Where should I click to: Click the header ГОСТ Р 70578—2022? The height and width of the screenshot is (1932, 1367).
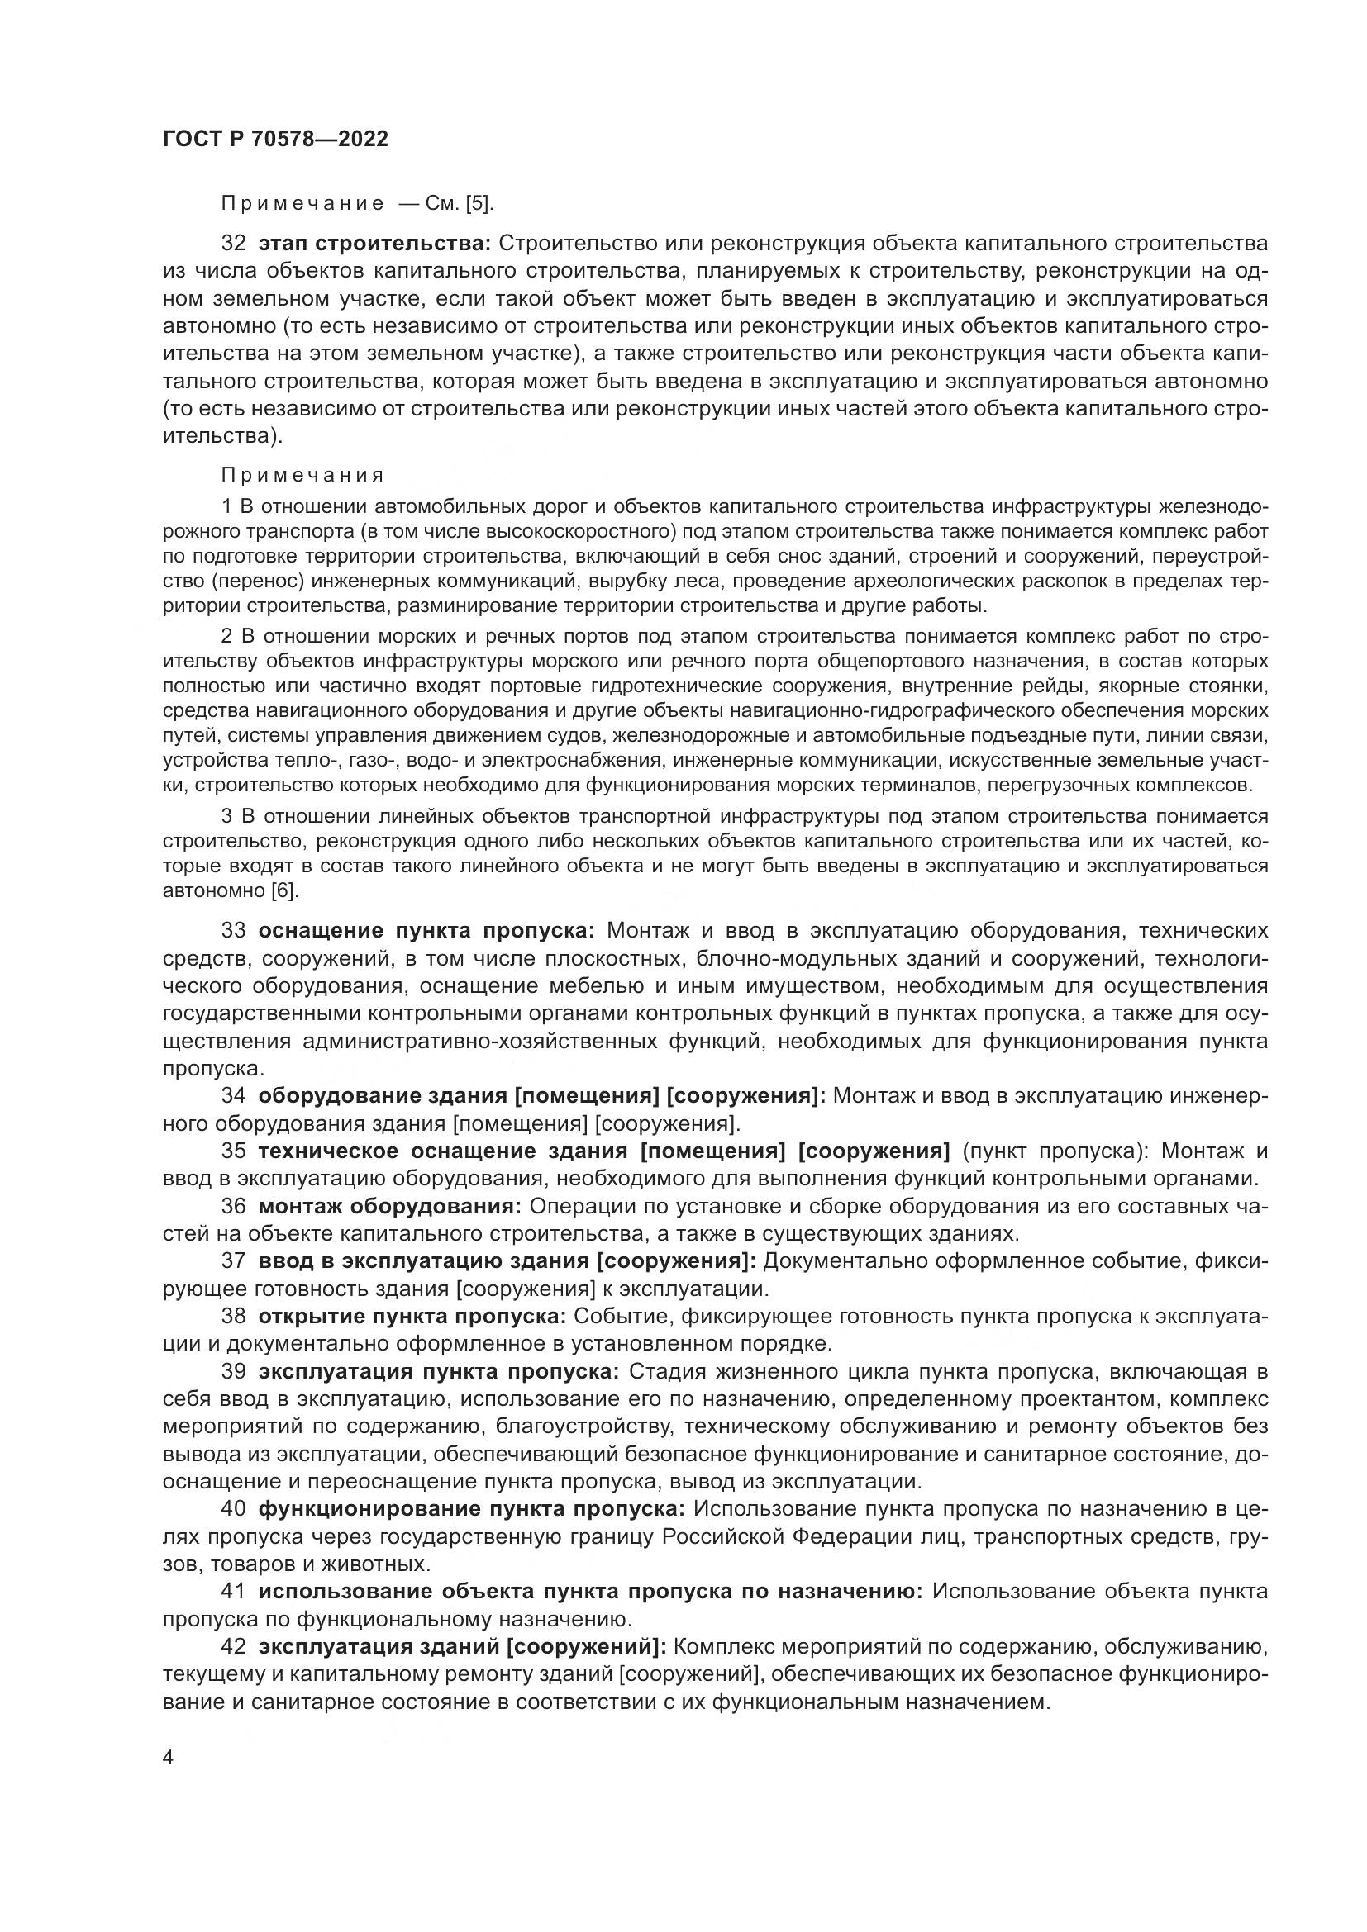[275, 140]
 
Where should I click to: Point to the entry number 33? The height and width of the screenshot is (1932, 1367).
[233, 931]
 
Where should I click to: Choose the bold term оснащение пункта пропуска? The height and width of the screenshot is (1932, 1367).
[426, 931]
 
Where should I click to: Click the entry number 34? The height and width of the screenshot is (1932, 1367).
[233, 1096]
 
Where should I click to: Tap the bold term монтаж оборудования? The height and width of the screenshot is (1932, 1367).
[390, 1207]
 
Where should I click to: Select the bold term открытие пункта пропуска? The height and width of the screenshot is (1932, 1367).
[412, 1317]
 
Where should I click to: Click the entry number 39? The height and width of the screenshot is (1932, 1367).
[233, 1372]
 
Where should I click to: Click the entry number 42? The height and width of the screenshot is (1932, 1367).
[233, 1647]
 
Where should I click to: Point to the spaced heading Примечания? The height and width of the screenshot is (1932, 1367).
[303, 476]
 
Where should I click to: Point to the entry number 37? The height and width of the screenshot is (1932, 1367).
[233, 1261]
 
